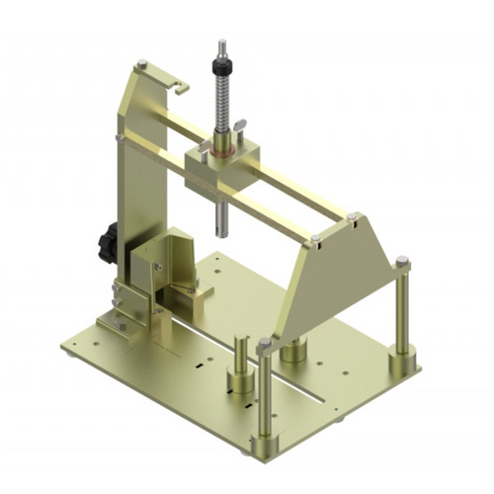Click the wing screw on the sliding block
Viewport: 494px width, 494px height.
click(x=239, y=125)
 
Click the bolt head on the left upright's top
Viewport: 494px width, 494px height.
click(x=144, y=65)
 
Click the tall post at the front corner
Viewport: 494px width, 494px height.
click(x=265, y=395)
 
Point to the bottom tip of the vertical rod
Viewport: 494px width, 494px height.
click(x=219, y=232)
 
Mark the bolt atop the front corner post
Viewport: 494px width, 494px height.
click(x=264, y=344)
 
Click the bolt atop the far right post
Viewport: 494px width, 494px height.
click(x=403, y=262)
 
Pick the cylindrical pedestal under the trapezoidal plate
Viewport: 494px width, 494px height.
click(x=292, y=351)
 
